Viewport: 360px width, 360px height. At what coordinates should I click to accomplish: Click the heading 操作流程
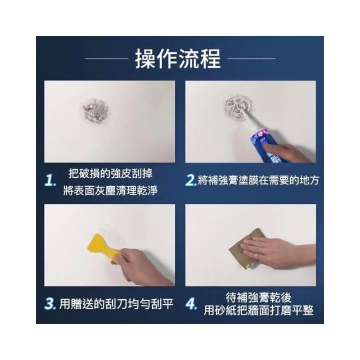pyautogui.click(x=178, y=59)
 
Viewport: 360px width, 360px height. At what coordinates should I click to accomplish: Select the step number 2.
pyautogui.click(x=191, y=180)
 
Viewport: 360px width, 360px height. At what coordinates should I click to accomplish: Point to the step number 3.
pyautogui.click(x=50, y=304)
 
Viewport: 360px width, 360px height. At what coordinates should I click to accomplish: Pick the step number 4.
pyautogui.click(x=191, y=304)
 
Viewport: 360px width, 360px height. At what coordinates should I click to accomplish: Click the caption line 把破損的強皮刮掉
pyautogui.click(x=110, y=173)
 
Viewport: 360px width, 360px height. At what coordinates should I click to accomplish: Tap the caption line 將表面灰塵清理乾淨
pyautogui.click(x=110, y=191)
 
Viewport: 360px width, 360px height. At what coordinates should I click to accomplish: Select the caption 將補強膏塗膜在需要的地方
pyautogui.click(x=258, y=180)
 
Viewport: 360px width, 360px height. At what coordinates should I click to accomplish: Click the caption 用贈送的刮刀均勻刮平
pyautogui.click(x=116, y=304)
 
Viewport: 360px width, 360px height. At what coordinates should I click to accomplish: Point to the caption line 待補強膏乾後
pyautogui.click(x=259, y=298)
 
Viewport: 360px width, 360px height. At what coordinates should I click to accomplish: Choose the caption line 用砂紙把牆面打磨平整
pyautogui.click(x=259, y=310)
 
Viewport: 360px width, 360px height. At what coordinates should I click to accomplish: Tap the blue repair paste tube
pyautogui.click(x=264, y=144)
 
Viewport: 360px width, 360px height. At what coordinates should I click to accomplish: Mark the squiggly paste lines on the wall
pyautogui.click(x=238, y=107)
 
